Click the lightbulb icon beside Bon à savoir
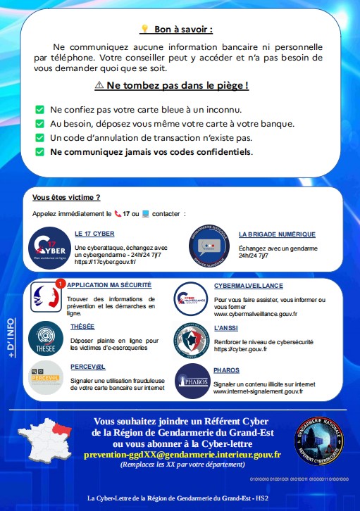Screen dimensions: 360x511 coord(144,29)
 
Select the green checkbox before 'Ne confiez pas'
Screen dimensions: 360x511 coord(39,110)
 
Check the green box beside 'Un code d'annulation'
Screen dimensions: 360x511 coord(39,137)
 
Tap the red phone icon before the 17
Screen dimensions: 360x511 coord(117,213)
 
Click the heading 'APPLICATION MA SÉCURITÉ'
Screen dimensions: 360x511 coord(111,286)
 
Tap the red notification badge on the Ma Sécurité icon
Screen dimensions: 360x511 coord(61,283)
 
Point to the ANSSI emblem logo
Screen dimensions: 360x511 coord(191,339)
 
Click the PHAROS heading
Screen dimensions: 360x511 coord(226,370)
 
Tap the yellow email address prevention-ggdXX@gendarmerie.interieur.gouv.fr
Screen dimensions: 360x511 coord(192,455)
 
